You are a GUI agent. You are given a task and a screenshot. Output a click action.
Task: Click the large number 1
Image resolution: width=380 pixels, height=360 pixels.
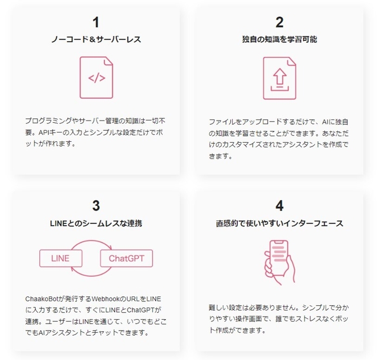[x=96, y=22]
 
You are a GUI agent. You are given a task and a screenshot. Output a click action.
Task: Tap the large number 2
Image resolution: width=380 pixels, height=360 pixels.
[x=279, y=22]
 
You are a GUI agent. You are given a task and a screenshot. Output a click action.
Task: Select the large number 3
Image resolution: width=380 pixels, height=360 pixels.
[x=96, y=206]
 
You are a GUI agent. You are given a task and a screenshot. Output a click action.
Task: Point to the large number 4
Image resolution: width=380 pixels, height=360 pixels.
[x=279, y=206]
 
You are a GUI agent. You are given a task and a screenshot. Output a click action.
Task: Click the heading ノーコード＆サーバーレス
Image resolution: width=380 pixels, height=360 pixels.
[x=96, y=39]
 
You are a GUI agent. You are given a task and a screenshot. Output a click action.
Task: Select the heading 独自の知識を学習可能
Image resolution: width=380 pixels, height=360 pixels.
[x=279, y=39]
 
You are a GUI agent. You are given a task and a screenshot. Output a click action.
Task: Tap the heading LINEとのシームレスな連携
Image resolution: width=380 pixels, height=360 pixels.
[x=96, y=223]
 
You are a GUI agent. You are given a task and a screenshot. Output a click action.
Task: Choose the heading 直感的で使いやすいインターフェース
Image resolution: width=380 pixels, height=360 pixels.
[x=279, y=223]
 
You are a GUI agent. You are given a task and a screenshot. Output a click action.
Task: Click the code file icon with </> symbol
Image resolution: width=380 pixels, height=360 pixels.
[x=97, y=78]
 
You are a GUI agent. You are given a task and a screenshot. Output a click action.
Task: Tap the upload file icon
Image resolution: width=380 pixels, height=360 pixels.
[x=279, y=78]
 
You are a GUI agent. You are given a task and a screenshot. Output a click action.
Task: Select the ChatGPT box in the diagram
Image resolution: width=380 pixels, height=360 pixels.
[x=126, y=257]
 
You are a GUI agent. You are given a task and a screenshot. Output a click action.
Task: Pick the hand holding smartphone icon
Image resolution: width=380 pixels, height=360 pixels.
[x=279, y=260]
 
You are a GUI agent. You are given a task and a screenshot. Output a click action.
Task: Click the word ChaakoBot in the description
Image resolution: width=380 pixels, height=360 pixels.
[x=43, y=299]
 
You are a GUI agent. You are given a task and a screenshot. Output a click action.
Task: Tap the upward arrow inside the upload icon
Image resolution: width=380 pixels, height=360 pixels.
[x=279, y=76]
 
